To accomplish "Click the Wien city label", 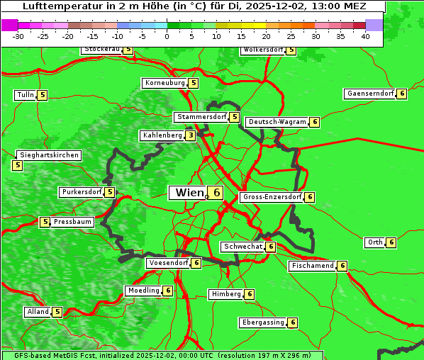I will point(189,193).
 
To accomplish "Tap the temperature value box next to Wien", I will point(216,193).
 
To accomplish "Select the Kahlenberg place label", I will point(162,135).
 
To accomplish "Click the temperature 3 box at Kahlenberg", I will point(191,135).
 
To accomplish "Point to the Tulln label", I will point(25,95).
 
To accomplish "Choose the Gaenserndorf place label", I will point(369,94).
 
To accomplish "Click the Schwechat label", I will point(242,247).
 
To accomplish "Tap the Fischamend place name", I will point(312,266).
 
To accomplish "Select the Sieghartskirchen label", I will point(49,155).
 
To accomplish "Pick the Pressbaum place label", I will point(73,222).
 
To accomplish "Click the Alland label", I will point(38,312).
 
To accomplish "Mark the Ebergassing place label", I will point(263,322).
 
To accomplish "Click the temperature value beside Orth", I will point(391,242).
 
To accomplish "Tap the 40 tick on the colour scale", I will point(365,35).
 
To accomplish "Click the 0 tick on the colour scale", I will point(167,35).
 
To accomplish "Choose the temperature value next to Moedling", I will point(168,291).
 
